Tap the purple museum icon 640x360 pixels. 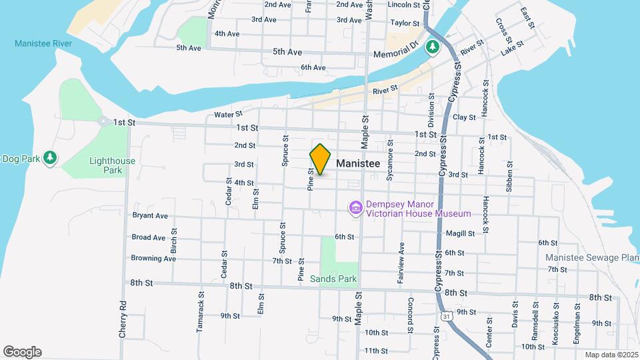pos(355,209)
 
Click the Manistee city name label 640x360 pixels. pos(358,163)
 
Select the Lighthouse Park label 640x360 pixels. pos(112,165)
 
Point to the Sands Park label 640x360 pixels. pos(333,279)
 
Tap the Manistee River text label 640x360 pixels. pos(43,44)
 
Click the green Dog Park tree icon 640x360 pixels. pos(50,158)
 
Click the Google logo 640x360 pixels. pos(22,351)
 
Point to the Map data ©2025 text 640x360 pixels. pos(610,354)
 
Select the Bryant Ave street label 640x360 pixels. pos(150,215)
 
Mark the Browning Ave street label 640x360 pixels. pos(153,258)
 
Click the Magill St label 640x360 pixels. pos(461,233)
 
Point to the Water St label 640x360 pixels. pos(228,115)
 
